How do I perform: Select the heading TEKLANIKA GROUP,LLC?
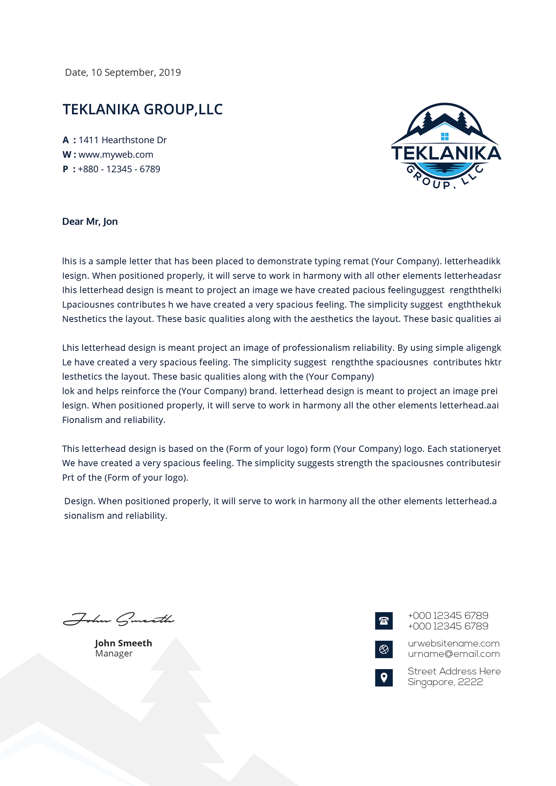143,110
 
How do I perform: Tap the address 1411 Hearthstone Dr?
122,140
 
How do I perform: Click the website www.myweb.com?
116,155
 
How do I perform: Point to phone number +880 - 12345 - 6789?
119,169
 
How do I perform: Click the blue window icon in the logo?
445,137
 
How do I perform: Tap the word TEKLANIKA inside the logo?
446,153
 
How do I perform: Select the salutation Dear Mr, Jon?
90,222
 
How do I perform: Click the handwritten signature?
119,619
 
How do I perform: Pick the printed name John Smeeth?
123,643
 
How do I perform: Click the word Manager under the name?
114,654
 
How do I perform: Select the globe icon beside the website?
384,649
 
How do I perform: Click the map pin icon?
384,678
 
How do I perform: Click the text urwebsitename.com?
454,643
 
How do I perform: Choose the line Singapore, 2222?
445,682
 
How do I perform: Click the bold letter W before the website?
66,155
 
